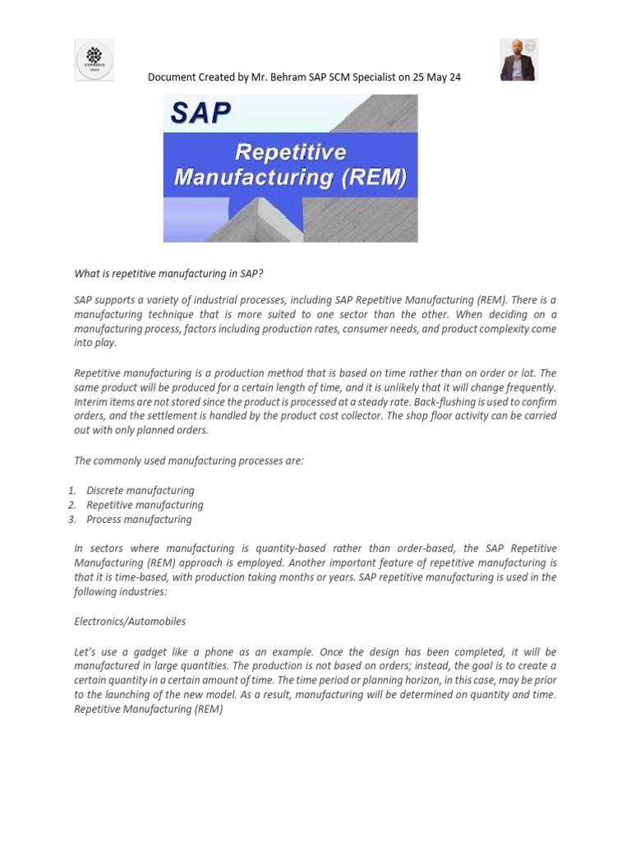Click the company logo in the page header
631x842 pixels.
click(x=94, y=60)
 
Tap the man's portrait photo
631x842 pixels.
click(x=518, y=60)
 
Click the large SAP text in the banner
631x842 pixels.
click(x=201, y=112)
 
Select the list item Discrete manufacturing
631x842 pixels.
click(x=140, y=491)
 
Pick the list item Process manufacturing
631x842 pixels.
click(x=139, y=519)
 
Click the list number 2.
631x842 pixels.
click(x=72, y=505)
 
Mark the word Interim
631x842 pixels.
click(x=90, y=401)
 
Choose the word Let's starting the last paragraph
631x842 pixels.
click(x=86, y=651)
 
